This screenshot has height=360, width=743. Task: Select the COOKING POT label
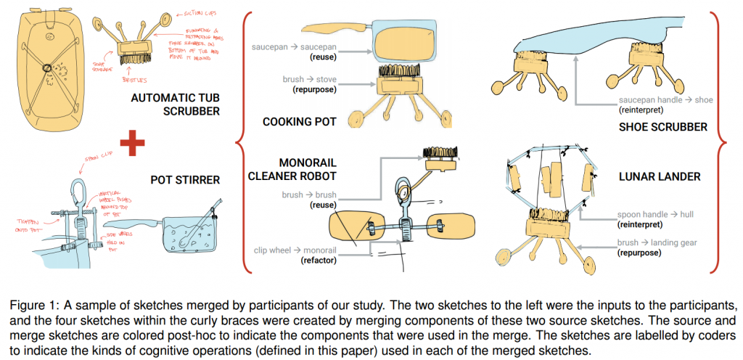pyautogui.click(x=300, y=122)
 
